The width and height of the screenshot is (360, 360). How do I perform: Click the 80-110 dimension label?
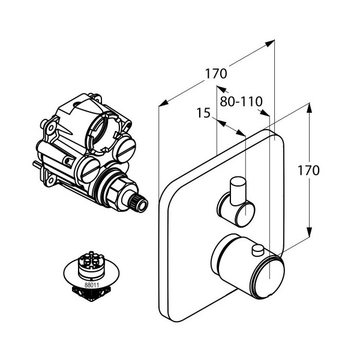point(241,101)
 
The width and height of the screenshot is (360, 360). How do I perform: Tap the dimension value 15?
point(203,113)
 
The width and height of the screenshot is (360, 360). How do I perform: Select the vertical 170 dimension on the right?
point(308,170)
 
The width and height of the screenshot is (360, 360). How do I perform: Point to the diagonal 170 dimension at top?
point(216,73)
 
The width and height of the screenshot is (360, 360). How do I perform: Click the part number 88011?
point(92,285)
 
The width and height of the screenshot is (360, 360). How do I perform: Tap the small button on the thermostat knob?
point(258,250)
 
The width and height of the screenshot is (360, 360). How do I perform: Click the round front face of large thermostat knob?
point(269,278)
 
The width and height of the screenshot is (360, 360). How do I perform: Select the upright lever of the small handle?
point(238,191)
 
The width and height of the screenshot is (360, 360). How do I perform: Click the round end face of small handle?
point(245,214)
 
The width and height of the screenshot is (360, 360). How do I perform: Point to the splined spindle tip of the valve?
point(138,202)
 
